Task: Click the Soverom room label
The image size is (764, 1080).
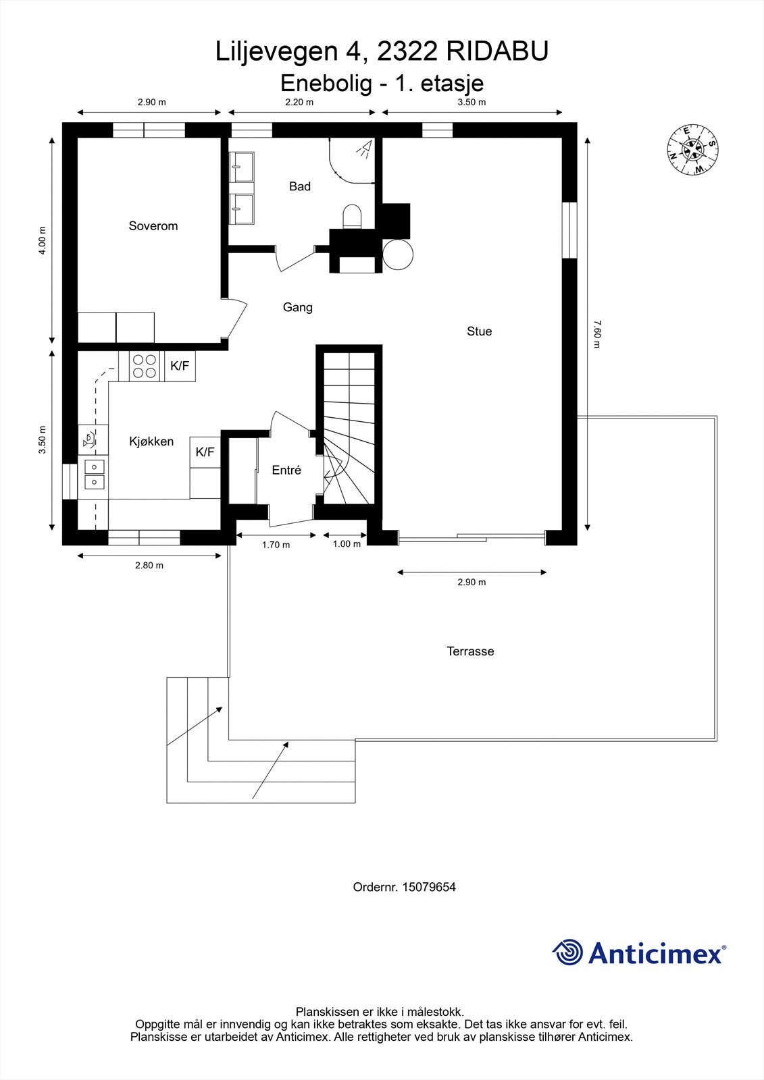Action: (x=153, y=225)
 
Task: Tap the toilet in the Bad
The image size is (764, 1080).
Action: (x=352, y=217)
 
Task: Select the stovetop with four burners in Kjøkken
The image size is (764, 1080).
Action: (x=145, y=366)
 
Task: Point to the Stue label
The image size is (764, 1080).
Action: (x=479, y=331)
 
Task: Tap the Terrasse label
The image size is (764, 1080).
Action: (x=470, y=651)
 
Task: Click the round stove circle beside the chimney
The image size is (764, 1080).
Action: (x=397, y=254)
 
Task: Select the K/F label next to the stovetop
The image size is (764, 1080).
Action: (x=180, y=366)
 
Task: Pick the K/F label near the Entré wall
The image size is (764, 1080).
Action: (x=205, y=452)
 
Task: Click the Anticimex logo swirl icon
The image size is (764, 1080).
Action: (x=567, y=953)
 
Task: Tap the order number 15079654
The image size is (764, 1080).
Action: (x=428, y=887)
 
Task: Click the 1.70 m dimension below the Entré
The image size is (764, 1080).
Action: (x=276, y=545)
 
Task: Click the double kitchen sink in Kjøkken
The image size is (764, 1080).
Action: (x=93, y=473)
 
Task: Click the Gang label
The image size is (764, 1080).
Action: (x=297, y=307)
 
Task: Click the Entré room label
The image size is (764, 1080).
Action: (x=286, y=470)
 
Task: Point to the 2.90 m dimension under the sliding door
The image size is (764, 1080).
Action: (x=472, y=582)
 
